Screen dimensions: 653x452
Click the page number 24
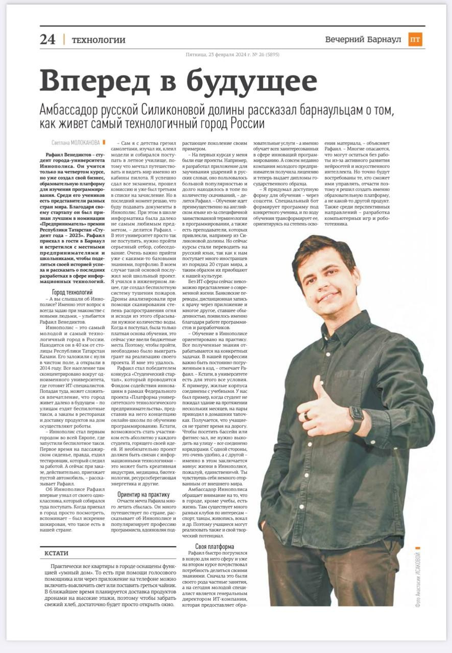coord(47,40)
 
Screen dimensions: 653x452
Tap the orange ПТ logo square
coord(415,40)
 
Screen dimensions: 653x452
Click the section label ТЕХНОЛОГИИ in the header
coord(99,40)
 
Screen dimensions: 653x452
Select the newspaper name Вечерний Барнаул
coord(363,40)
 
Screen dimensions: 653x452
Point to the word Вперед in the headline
coord(97,81)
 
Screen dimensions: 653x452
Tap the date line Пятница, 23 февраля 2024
coord(220,55)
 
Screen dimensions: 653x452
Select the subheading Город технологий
coord(72,292)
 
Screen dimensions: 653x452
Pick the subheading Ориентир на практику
coord(144,494)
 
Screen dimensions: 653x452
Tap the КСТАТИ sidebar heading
coord(56,553)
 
